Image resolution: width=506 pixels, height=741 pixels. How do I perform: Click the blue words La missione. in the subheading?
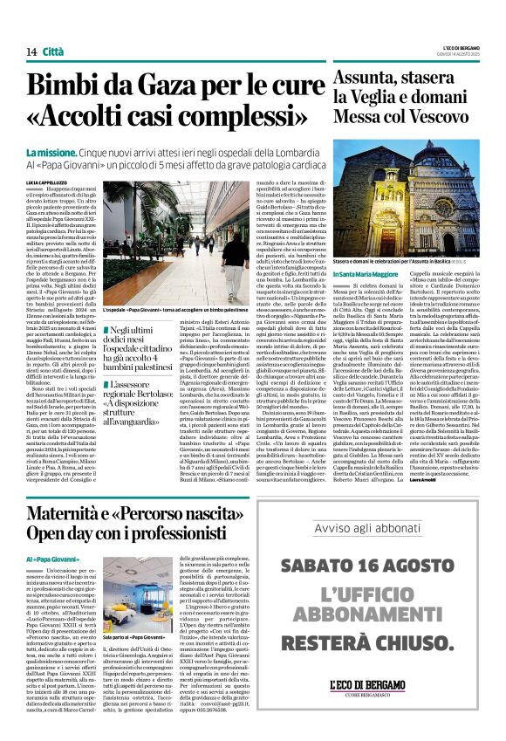(x=52, y=150)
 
